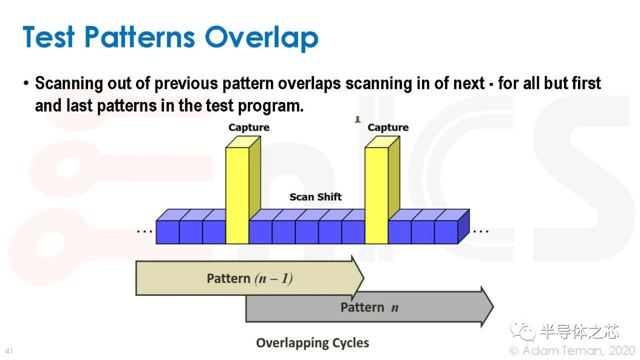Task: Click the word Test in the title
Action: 48,36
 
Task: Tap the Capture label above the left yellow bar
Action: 249,127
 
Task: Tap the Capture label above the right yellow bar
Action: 388,127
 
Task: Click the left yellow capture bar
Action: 243,190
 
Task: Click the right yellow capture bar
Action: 382,190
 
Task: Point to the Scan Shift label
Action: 315,197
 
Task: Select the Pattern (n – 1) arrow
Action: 250,278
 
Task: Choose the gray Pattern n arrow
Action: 369,307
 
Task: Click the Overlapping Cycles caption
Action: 312,343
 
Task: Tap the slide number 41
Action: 9,350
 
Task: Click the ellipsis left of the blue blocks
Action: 144,231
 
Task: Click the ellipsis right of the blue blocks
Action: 481,231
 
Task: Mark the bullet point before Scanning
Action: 26,83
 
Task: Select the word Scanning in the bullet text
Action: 69,83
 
